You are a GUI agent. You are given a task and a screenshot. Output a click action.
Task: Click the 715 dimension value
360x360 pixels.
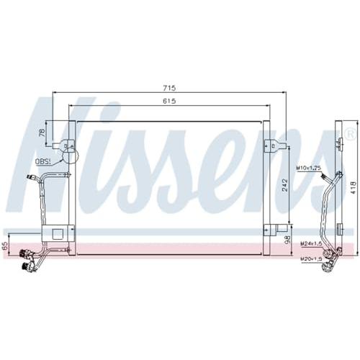pos(170,88)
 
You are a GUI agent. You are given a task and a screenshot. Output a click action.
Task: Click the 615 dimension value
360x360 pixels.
pos(169,101)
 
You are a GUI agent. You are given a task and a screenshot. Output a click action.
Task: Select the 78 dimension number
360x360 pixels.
pos(42,132)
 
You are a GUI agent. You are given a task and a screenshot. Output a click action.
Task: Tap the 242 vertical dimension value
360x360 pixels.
pos(285,184)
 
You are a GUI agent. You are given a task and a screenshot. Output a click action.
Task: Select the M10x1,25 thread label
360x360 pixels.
pos(309,168)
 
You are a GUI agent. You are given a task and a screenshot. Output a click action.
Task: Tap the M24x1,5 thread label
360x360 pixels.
pos(310,243)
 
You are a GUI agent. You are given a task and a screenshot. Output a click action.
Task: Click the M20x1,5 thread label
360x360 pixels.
pos(310,258)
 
